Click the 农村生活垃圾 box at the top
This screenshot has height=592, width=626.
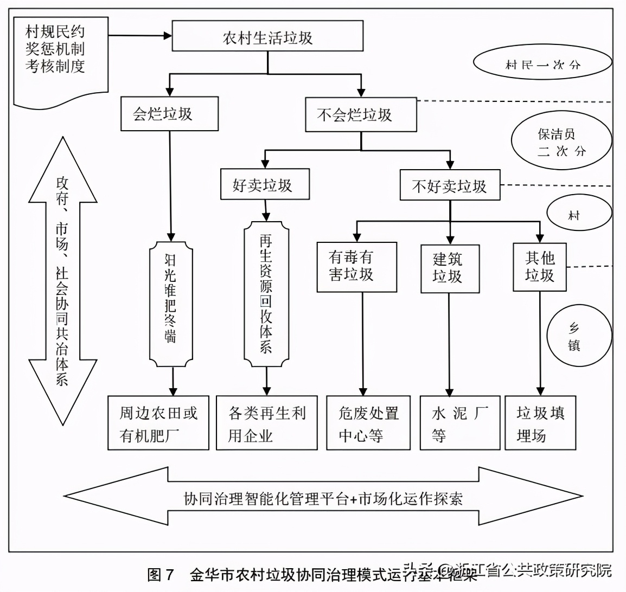pos(267,37)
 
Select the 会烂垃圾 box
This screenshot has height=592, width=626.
pos(169,114)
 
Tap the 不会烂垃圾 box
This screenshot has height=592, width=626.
pos(361,115)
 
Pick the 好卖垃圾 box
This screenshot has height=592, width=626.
pos(265,185)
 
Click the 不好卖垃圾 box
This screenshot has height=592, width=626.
pos(450,186)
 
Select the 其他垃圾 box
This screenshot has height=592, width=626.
pos(540,266)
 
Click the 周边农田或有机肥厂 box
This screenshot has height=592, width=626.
pos(158,423)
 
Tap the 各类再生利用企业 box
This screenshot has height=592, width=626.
pos(266,423)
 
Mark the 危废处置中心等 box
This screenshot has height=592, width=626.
pos(368,423)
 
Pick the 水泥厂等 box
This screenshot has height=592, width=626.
pos(460,423)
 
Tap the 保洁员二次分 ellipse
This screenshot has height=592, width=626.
pos(561,142)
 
